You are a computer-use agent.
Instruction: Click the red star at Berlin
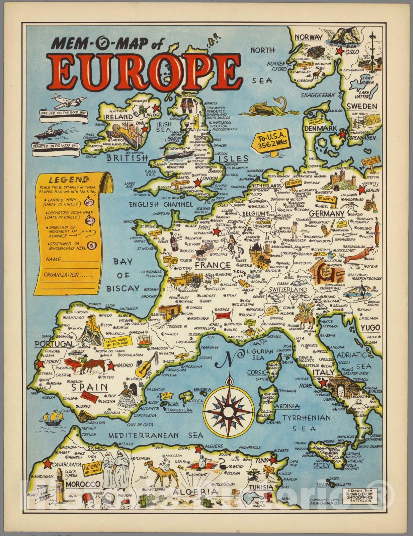pos(361,190)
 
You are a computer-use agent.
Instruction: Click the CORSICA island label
pos(258,372)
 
